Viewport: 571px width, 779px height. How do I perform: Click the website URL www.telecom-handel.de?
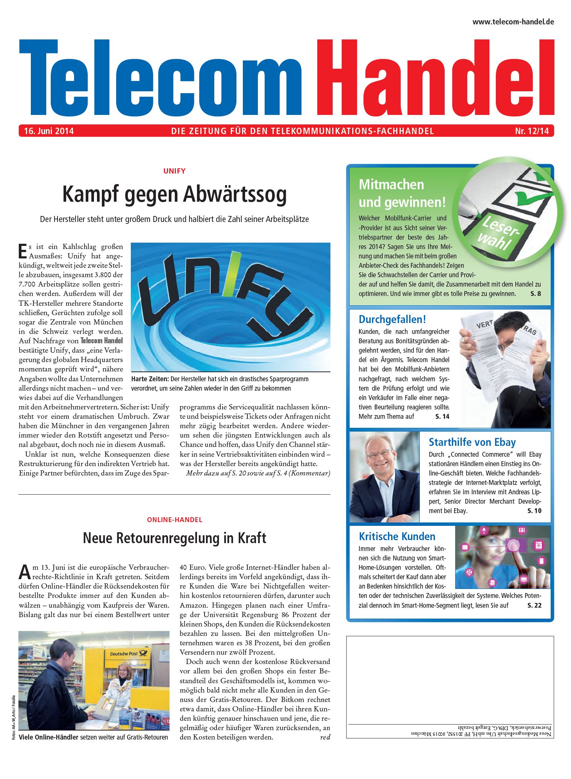513,22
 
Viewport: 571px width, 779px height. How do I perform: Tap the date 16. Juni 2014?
49,131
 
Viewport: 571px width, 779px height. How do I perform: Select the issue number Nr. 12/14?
532,131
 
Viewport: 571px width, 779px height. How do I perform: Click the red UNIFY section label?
174,171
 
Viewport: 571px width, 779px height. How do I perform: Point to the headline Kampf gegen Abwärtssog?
174,194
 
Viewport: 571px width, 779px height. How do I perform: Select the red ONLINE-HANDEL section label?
174,520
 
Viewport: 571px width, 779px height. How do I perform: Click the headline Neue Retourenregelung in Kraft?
174,538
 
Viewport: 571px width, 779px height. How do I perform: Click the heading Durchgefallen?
392,319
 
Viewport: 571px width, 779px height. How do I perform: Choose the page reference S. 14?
442,417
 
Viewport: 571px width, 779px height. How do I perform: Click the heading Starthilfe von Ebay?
472,442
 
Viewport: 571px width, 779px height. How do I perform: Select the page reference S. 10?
534,511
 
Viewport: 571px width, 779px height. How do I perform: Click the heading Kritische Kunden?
397,536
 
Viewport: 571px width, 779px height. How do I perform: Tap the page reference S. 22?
534,605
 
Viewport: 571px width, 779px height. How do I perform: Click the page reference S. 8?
535,294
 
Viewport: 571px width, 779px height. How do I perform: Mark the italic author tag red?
325,737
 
